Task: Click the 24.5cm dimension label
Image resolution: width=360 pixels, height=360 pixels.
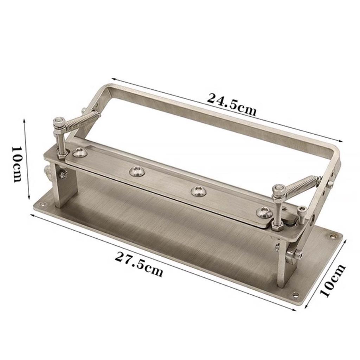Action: (231, 104)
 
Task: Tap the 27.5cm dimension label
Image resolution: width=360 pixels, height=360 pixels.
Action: (139, 264)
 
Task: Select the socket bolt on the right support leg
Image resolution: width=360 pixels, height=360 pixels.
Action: (294, 255)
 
